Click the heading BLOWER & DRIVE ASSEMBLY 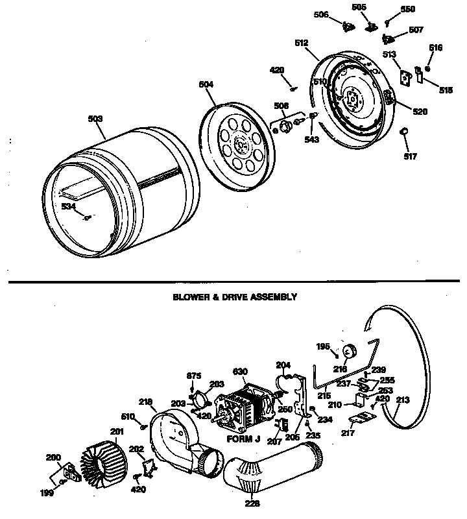coord(234,296)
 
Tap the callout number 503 coord(95,119)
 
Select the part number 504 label coord(206,84)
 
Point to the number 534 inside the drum coord(68,206)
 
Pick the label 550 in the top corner coord(407,10)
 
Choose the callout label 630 coord(239,372)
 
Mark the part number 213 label coord(403,400)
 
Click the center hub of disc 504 coord(241,144)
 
